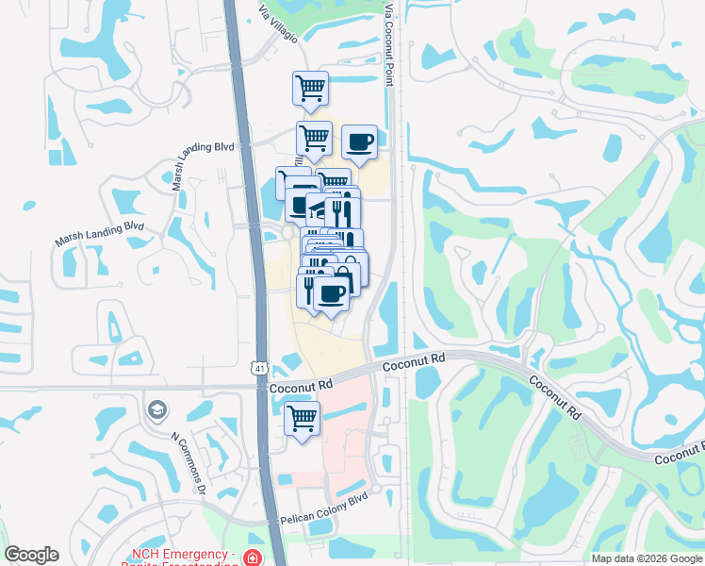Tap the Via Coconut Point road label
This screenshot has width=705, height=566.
[388, 42]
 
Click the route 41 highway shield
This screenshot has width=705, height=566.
[258, 369]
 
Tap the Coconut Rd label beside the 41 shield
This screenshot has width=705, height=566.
[302, 386]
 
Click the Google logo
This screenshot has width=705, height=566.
[31, 555]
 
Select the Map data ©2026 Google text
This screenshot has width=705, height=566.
[646, 558]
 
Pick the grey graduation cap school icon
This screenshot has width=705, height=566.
[156, 410]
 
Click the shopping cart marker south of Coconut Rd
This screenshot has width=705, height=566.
[302, 418]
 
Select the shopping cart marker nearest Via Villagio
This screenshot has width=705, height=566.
[310, 88]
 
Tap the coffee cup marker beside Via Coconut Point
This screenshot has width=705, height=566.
[359, 141]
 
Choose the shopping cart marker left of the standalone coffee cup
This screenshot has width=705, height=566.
[314, 138]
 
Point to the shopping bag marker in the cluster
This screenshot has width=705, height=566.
[350, 269]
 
